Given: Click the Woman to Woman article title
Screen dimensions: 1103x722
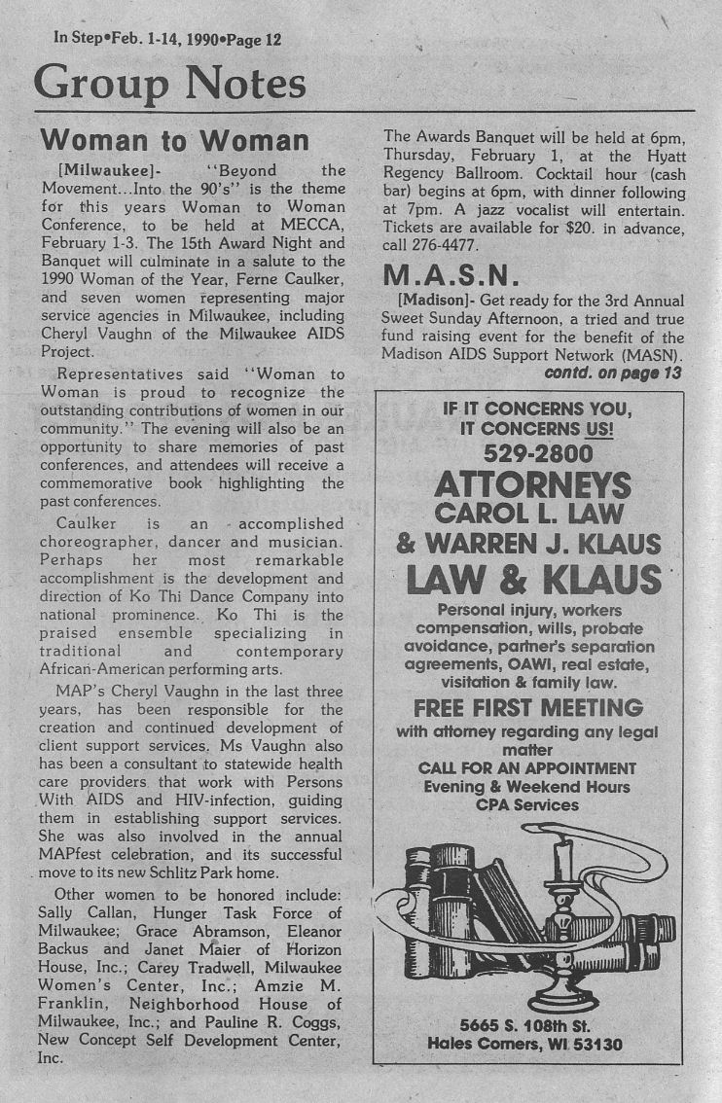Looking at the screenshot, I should (x=175, y=140).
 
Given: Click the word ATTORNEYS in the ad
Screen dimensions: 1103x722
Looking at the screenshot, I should (x=532, y=484).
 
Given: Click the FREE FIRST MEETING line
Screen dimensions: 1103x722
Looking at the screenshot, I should (x=528, y=707).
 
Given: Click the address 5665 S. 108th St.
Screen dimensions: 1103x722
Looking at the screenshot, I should (x=526, y=1024).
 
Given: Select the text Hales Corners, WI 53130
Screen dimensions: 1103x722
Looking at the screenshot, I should (x=525, y=1045).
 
